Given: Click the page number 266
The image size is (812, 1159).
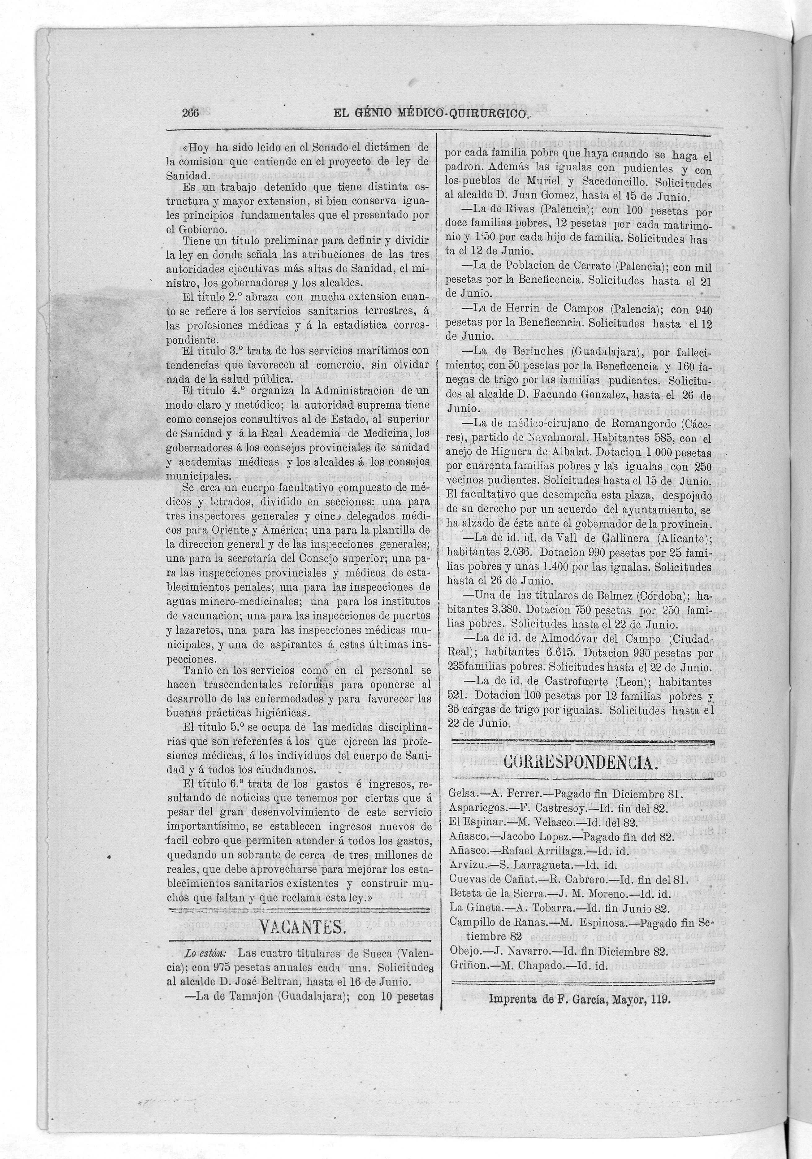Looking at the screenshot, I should click(x=190, y=114).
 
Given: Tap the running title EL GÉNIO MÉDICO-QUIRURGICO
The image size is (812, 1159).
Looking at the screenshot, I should click(x=430, y=114).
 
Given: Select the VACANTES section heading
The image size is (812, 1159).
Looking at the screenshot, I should click(x=301, y=927).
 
